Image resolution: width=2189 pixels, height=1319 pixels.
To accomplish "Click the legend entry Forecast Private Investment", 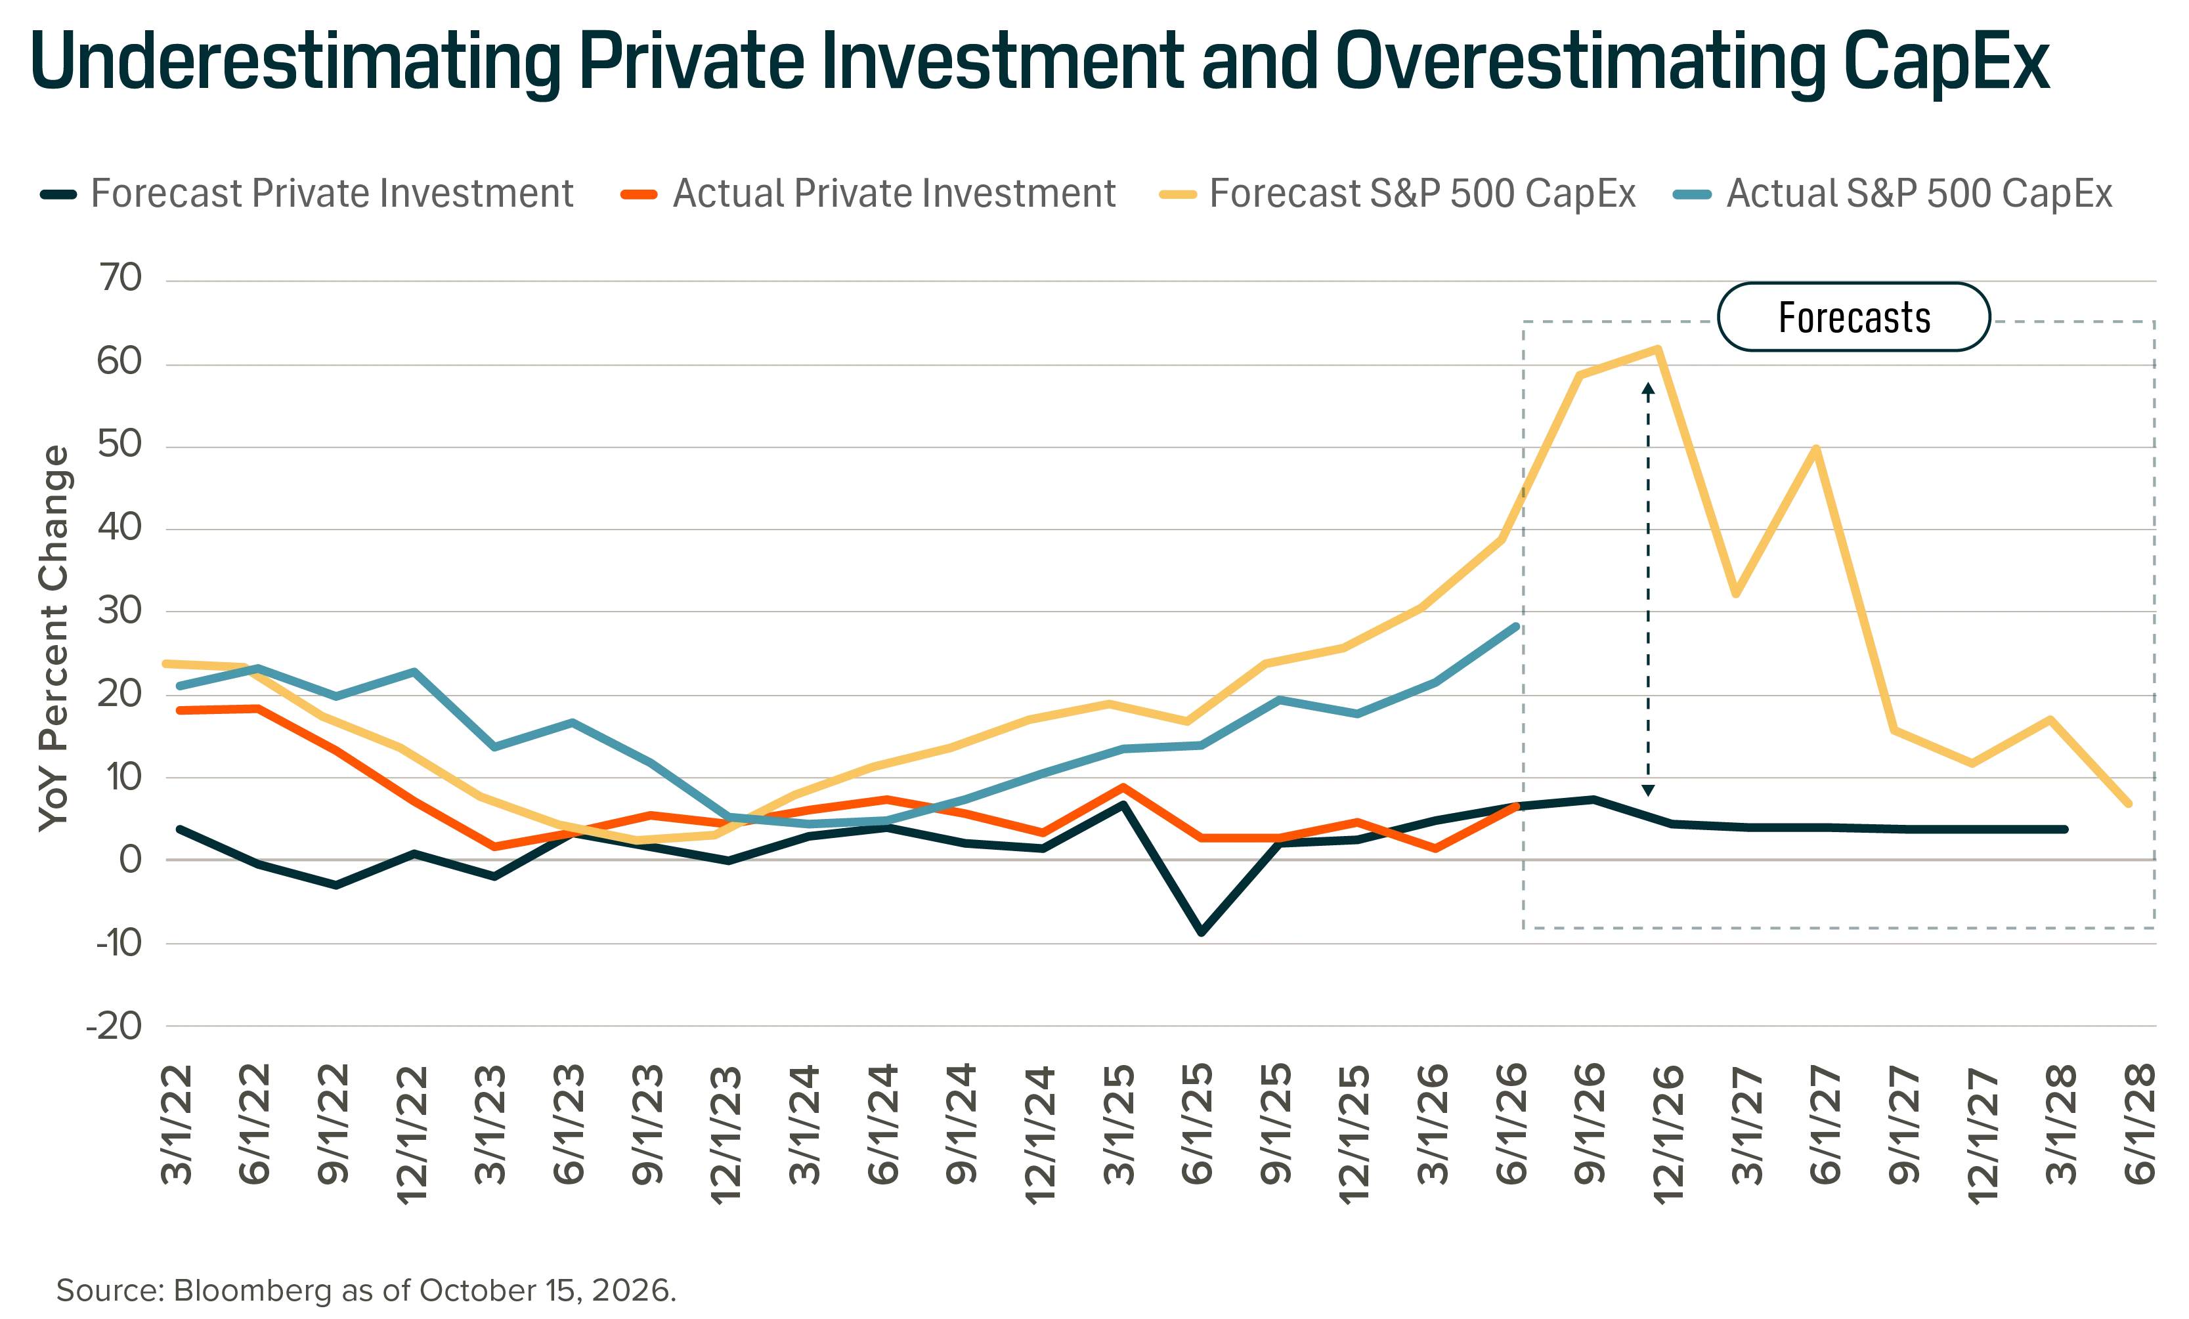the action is pyautogui.click(x=307, y=194).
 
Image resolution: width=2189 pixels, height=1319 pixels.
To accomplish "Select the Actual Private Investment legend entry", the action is pyautogui.click(x=868, y=194).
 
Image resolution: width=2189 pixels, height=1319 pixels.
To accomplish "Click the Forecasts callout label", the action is pyautogui.click(x=1854, y=317).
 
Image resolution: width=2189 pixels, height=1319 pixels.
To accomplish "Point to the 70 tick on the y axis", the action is pyautogui.click(x=121, y=278).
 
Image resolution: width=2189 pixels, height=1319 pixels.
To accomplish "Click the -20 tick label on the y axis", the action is pyautogui.click(x=114, y=1026).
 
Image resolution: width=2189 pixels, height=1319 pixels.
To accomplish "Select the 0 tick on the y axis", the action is pyautogui.click(x=131, y=859).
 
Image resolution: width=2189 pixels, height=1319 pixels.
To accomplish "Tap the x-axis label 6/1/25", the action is pyautogui.click(x=1197, y=1123).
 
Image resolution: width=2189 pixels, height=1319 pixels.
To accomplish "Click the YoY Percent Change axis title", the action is pyautogui.click(x=53, y=638).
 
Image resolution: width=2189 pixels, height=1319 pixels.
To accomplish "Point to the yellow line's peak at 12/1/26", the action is pyautogui.click(x=1658, y=348).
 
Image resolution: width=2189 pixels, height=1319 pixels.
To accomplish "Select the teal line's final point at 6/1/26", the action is pyautogui.click(x=1515, y=626).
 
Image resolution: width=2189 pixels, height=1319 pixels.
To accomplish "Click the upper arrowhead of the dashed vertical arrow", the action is pyautogui.click(x=1648, y=388).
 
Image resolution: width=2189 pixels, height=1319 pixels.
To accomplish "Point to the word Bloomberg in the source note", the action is pyautogui.click(x=252, y=1289).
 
